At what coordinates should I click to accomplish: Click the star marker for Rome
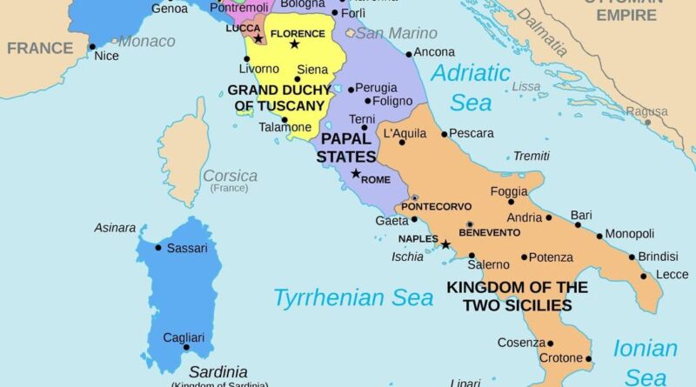[355, 174]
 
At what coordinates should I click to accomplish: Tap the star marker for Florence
[294, 44]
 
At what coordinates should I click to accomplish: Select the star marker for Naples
[445, 245]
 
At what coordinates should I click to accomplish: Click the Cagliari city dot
[185, 347]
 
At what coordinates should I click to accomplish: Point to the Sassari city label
[186, 248]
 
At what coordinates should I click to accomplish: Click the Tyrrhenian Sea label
[353, 297]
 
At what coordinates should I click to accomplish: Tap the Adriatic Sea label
[472, 88]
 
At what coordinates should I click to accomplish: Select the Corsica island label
[230, 176]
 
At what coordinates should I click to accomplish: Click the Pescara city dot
[444, 134]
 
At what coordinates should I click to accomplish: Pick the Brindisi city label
[658, 257]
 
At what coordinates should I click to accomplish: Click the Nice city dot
[92, 47]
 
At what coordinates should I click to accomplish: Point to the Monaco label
[145, 41]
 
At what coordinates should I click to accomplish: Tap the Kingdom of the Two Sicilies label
[517, 296]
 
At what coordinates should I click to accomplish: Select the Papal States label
[345, 147]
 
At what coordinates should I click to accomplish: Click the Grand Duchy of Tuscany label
[276, 97]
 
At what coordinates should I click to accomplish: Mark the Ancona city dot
[408, 53]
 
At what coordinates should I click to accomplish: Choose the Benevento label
[489, 233]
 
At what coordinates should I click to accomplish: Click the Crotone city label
[559, 358]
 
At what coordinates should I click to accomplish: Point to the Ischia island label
[407, 257]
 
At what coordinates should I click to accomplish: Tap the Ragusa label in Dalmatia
[646, 111]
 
